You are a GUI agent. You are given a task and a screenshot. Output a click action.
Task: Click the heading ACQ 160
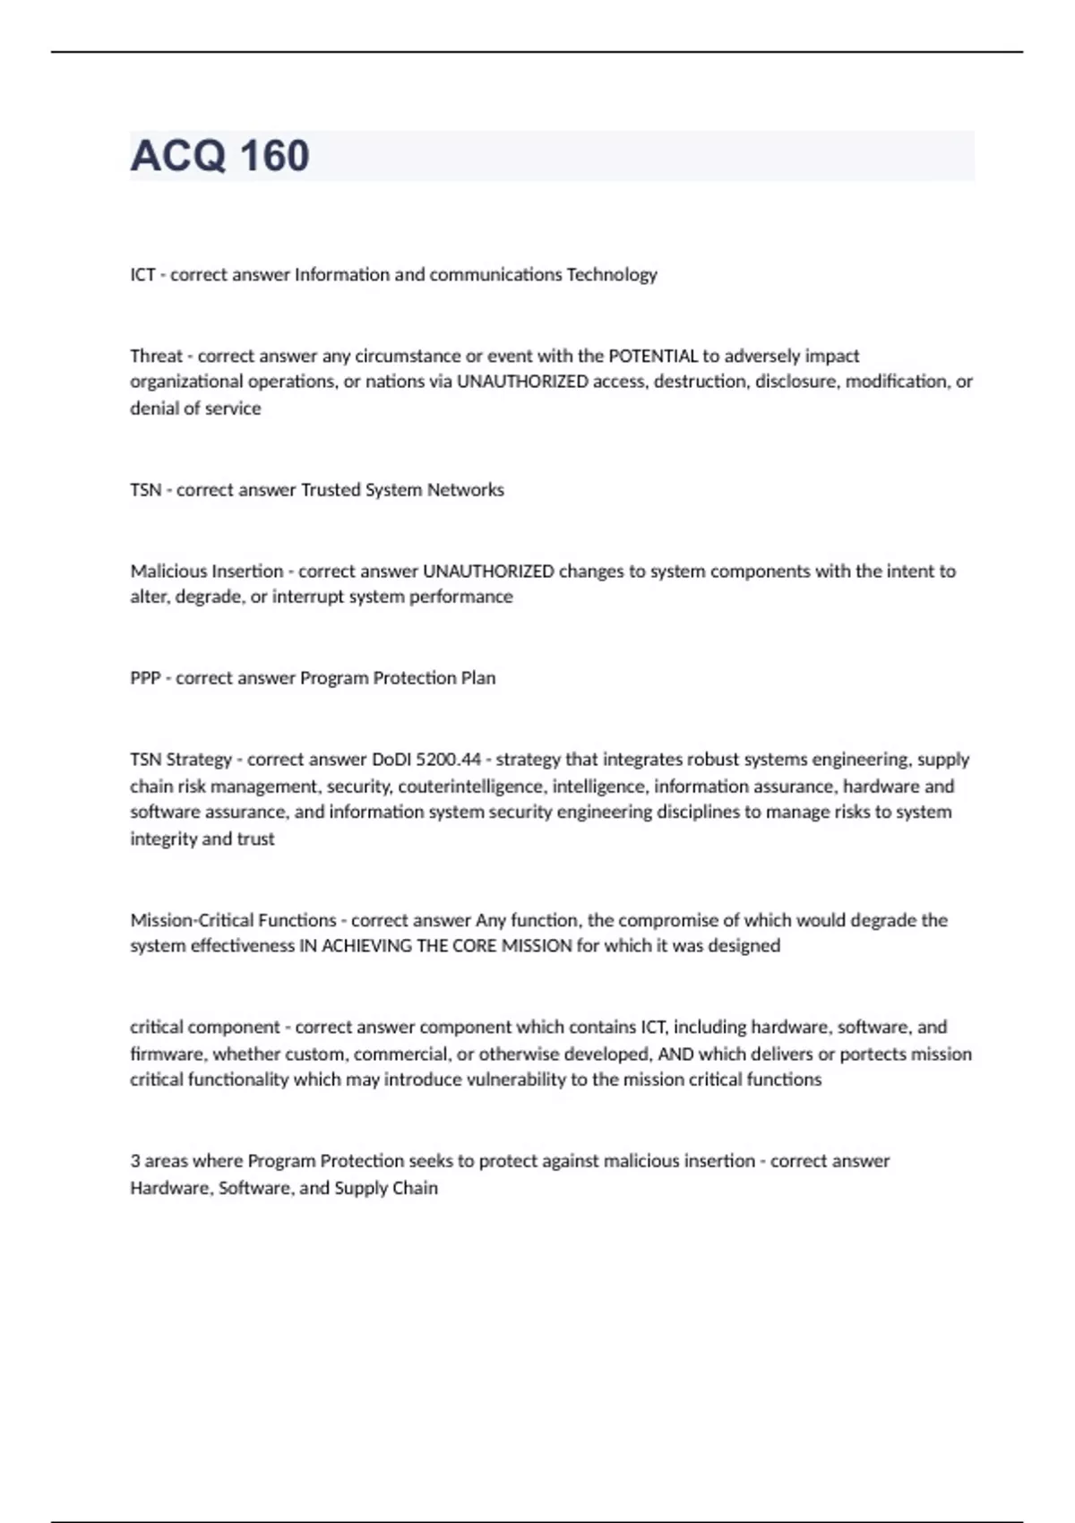(220, 156)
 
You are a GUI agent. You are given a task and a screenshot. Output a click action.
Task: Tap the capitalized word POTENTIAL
(653, 356)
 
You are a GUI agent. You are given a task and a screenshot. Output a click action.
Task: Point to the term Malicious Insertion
(206, 571)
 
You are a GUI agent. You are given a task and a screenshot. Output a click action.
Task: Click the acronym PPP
(145, 678)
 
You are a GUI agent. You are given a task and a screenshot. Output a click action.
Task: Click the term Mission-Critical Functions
(233, 920)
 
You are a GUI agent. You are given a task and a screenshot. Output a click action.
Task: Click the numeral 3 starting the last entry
(135, 1161)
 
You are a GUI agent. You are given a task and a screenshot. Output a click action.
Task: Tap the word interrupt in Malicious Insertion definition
(310, 597)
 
